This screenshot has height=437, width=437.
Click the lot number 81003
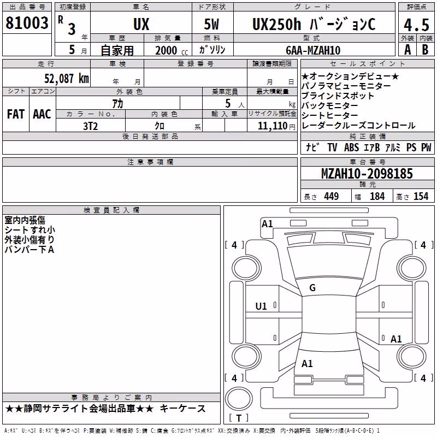coord(27,23)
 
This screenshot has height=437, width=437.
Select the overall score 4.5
coord(416,25)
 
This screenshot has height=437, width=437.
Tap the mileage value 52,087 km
coord(66,79)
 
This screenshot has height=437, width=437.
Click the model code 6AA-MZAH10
coord(313,50)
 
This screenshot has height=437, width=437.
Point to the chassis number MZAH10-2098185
coord(367,174)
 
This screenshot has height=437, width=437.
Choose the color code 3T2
coord(91,126)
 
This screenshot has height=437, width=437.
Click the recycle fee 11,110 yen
coord(276,126)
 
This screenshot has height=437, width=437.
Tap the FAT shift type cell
coord(16,114)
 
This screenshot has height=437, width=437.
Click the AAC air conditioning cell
coord(42,114)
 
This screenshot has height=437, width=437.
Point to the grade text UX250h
coord(276,24)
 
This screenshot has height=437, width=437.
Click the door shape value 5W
coord(211,24)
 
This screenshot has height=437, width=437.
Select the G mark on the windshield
coord(312,288)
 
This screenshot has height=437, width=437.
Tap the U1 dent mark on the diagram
coord(261,306)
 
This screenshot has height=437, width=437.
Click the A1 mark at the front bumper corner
coord(267,224)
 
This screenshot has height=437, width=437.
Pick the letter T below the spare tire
coord(239,418)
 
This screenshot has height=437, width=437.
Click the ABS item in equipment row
coord(351,147)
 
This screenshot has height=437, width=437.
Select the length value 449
coord(331,196)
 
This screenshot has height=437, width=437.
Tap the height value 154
coord(421,196)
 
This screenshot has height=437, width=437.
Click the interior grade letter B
coord(425,50)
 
